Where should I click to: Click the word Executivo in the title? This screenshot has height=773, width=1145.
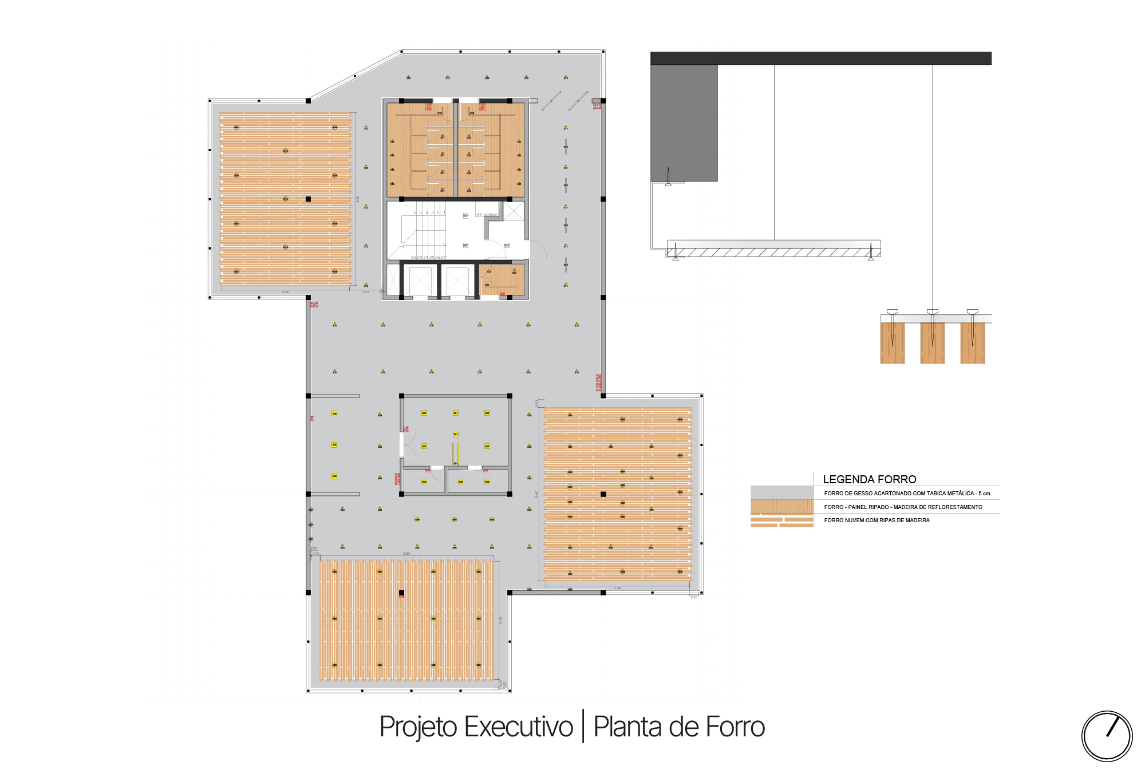[x=518, y=727]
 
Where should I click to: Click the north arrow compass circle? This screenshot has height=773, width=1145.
[x=1107, y=736]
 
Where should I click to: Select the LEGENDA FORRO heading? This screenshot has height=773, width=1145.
[x=869, y=479]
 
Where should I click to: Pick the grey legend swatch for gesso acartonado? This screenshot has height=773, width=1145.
[x=781, y=493]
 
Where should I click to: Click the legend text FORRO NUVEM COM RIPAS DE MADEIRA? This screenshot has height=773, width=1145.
[x=876, y=520]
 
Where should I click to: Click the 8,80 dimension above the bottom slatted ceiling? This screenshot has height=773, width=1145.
[x=406, y=554]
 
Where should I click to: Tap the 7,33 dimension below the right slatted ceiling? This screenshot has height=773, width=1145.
[x=618, y=588]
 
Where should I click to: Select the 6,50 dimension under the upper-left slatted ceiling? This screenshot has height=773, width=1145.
[x=286, y=292]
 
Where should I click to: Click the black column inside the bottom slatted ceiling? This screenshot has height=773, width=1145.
[x=401, y=593]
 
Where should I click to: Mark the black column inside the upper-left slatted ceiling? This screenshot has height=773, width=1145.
[x=308, y=199]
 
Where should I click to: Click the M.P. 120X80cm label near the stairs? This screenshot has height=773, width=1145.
[x=487, y=215]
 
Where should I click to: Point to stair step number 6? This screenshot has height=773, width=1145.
[x=415, y=212]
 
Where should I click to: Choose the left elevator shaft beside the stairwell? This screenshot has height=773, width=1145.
[x=420, y=281]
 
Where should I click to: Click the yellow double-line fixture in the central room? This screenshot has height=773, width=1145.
[x=456, y=452]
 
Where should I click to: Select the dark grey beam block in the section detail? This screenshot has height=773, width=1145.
[x=684, y=123]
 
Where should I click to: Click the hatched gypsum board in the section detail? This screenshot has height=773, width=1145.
[x=773, y=253]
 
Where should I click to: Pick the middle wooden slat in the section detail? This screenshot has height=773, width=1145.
[x=932, y=343]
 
